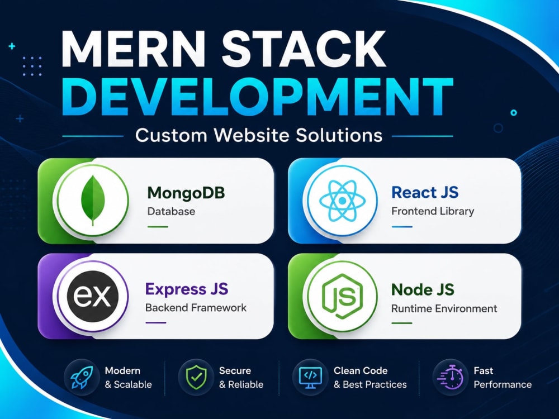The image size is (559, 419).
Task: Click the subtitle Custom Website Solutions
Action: coord(259,135)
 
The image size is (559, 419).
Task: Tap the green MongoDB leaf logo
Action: coord(93,200)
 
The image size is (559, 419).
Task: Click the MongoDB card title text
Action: coord(186,193)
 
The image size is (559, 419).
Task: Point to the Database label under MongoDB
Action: coord(171,211)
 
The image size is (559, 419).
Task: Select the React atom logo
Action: coord(342,201)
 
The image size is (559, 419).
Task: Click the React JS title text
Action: coord(425,192)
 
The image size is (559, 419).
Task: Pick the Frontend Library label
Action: coord(433,211)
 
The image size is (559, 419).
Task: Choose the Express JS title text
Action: coord(187,289)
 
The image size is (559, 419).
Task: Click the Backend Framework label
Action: coord(196,307)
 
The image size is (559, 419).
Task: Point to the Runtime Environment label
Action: coord(444,308)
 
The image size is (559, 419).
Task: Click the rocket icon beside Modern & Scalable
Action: coord(82,377)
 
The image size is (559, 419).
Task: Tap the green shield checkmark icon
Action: coord(196,377)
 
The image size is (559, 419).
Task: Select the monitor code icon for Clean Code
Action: coord(310,378)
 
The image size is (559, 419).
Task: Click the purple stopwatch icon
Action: coord(450,377)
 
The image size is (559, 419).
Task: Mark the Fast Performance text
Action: coord(503,378)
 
